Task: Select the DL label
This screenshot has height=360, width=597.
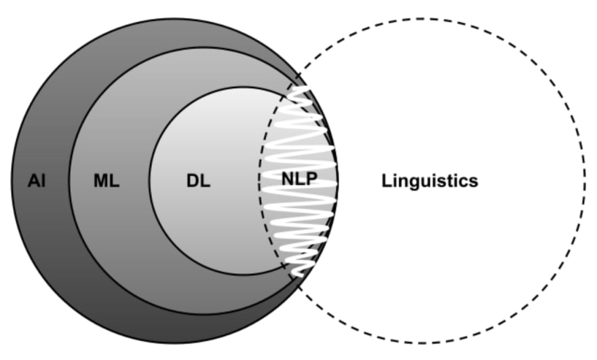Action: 198,181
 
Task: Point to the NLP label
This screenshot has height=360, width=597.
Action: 299,180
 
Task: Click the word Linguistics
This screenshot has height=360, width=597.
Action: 430,181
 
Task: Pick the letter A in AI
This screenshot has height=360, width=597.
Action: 33,181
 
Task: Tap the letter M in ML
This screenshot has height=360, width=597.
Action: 100,181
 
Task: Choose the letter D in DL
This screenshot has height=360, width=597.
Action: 193,181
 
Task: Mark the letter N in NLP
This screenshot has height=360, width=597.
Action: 288,180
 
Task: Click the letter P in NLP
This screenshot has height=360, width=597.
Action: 311,180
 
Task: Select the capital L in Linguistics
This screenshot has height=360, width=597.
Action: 387,181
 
